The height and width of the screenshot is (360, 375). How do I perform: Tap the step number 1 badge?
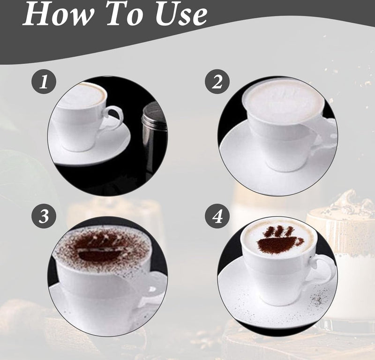(x=44, y=83)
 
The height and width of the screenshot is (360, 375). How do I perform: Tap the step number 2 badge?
(x=217, y=83)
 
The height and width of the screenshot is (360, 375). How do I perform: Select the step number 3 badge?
(x=44, y=216)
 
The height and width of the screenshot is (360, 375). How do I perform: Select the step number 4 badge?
(x=217, y=216)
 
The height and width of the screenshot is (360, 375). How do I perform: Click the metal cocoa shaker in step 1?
(x=153, y=134)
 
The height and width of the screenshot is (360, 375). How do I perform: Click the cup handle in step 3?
(x=152, y=286)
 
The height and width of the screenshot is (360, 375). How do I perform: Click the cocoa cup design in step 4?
(x=280, y=240)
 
